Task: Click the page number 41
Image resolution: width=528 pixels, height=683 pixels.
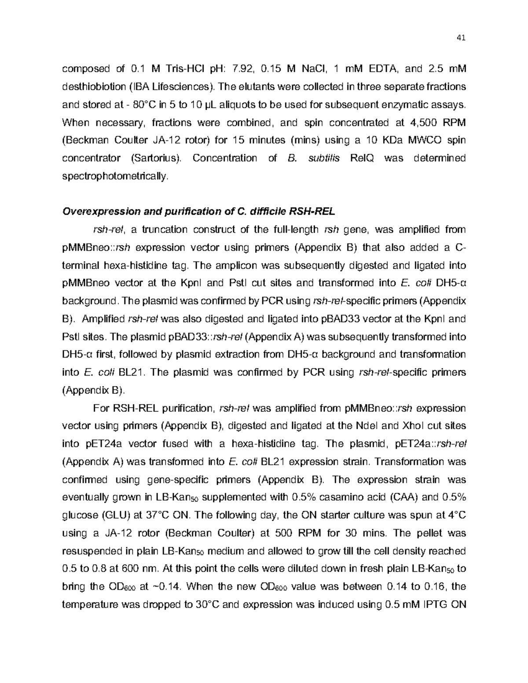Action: (461, 38)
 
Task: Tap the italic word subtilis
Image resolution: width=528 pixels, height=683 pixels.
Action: (324, 158)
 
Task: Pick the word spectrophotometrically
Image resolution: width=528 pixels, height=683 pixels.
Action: (115, 176)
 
